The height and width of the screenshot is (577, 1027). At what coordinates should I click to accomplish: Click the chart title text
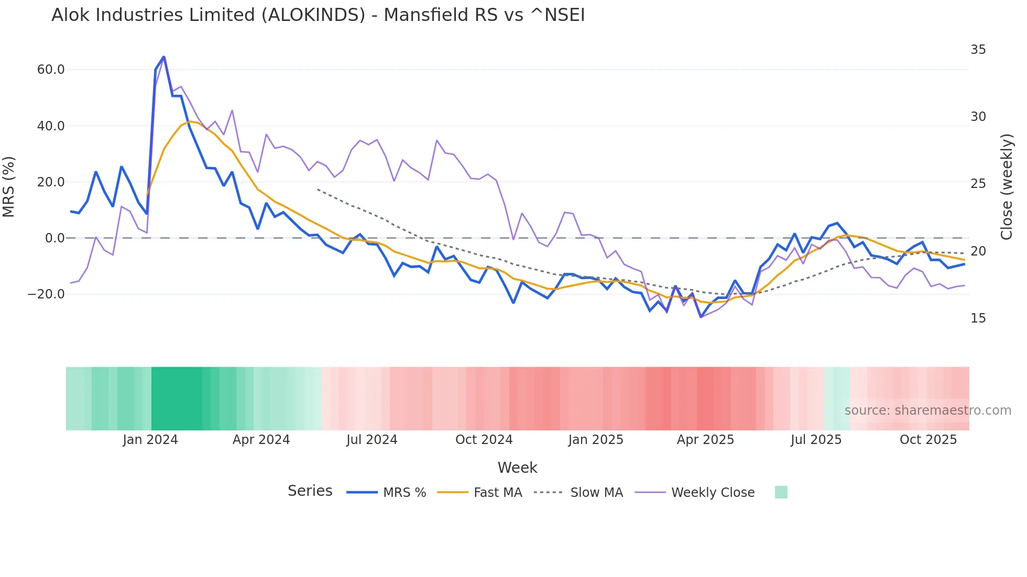click(x=318, y=15)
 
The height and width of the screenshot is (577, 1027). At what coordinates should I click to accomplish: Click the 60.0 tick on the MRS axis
click(x=51, y=70)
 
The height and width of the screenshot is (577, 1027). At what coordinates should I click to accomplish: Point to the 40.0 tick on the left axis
click(x=51, y=126)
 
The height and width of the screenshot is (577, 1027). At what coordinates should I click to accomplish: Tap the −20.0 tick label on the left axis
click(x=46, y=294)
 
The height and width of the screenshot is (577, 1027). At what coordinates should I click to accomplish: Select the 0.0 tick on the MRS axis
click(x=55, y=238)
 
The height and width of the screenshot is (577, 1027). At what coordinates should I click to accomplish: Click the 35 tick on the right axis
click(x=978, y=50)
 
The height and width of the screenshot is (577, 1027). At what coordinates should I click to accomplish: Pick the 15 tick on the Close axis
click(x=978, y=318)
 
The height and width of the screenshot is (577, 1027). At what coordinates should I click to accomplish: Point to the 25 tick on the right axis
click(x=978, y=184)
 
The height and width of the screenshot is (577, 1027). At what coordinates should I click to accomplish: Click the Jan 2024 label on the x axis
click(x=150, y=440)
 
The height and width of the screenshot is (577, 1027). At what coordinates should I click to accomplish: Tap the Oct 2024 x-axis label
click(x=484, y=440)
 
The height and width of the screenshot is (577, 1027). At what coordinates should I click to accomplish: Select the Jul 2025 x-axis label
click(x=816, y=440)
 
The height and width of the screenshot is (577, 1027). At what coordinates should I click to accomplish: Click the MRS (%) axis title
click(x=9, y=187)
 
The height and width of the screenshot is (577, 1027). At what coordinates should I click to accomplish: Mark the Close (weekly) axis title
click(x=1007, y=187)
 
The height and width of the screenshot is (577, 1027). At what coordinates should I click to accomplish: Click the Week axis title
click(x=517, y=468)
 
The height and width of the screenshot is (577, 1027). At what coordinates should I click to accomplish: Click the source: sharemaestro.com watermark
click(x=927, y=410)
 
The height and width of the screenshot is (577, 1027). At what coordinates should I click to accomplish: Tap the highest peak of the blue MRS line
click(x=163, y=57)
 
